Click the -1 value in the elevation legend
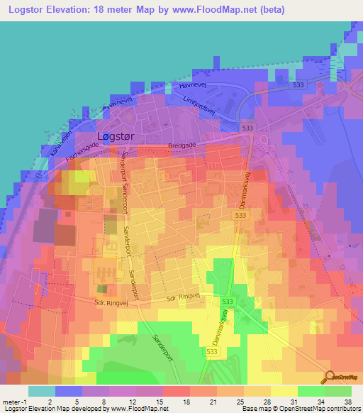click(23, 400)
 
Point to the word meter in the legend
click(10, 400)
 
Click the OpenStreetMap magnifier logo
click(330, 377)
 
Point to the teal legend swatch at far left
click(42, 391)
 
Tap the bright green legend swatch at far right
click(338, 391)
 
